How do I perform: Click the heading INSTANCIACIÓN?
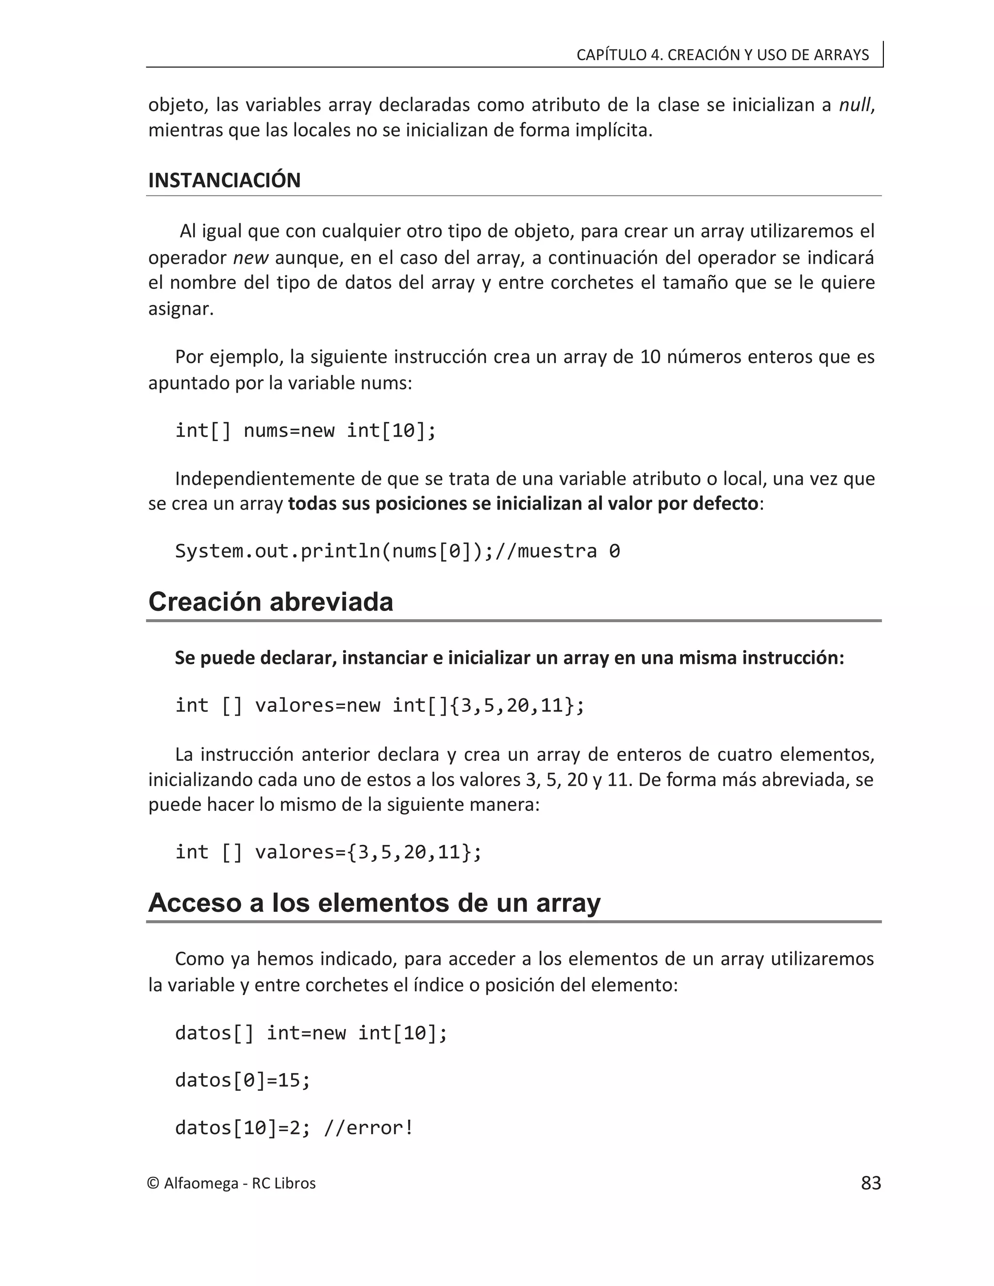[x=224, y=180]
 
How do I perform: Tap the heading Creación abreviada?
[x=270, y=602]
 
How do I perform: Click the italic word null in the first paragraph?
[x=854, y=105]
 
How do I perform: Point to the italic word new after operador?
[x=251, y=258]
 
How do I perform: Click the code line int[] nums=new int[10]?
[x=306, y=430]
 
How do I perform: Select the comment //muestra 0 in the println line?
[x=558, y=551]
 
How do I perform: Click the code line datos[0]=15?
[x=243, y=1080]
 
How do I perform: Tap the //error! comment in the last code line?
[x=369, y=1128]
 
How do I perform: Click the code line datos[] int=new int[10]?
[x=311, y=1033]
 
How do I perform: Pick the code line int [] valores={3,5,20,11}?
[x=328, y=852]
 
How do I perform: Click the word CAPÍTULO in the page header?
[x=611, y=55]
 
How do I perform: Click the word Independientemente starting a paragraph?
[x=257, y=478]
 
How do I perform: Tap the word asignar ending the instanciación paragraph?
[x=180, y=309]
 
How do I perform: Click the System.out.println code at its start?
[x=235, y=551]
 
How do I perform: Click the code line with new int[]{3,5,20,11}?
[x=380, y=706]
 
